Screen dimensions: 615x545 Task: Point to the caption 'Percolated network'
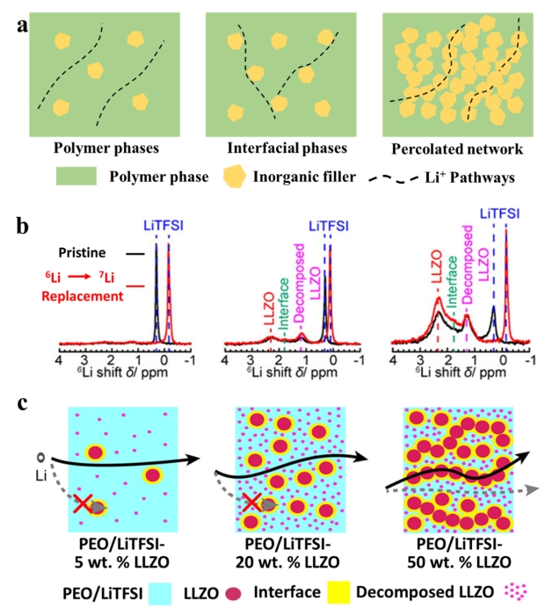[x=452, y=148]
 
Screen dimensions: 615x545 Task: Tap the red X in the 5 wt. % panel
[x=82, y=505]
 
